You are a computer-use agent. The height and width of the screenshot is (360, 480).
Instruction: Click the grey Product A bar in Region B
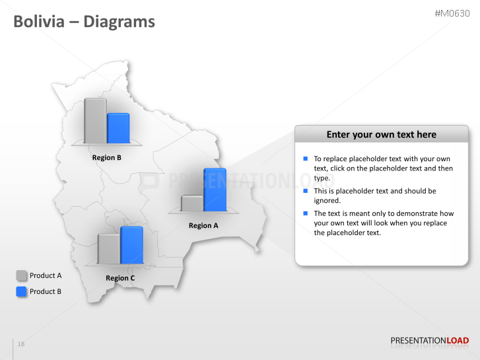[95, 120]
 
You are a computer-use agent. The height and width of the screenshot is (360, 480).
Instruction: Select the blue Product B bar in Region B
[118, 127]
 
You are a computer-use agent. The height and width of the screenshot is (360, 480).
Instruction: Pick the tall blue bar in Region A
[215, 190]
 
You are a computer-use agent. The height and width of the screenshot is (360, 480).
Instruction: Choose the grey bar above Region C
[109, 248]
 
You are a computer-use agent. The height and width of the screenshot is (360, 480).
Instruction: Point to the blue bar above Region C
[131, 245]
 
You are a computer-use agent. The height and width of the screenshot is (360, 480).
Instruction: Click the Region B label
[107, 158]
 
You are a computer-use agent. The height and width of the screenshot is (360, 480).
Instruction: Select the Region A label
[203, 226]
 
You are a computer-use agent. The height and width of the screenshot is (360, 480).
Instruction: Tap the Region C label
[120, 278]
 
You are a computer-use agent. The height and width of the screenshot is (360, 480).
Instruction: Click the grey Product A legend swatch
[22, 275]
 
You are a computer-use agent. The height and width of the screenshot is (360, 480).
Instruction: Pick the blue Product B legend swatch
[22, 291]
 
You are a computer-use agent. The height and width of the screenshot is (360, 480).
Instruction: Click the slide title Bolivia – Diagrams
[85, 22]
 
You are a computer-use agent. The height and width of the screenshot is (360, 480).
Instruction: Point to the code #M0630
[452, 13]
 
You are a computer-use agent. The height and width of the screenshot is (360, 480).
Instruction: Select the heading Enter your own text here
[381, 135]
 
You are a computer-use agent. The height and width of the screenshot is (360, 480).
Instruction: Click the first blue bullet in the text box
[306, 159]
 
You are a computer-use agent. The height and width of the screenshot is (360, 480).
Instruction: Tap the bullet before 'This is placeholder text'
[306, 191]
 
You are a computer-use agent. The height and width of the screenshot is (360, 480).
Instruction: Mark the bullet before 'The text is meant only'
[306, 213]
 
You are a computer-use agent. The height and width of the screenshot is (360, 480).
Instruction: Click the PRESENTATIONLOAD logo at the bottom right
[429, 341]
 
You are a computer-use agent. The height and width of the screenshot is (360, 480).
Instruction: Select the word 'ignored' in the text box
[327, 200]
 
